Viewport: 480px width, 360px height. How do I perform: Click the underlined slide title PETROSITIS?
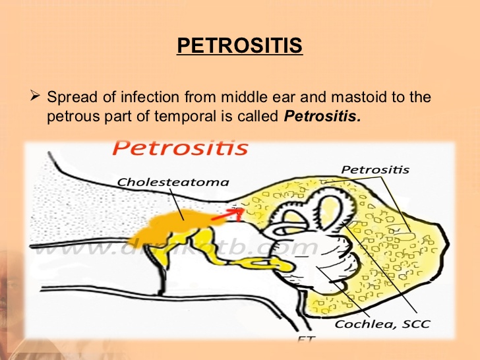(240, 47)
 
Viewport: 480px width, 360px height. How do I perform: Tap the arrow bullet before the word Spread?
(36, 97)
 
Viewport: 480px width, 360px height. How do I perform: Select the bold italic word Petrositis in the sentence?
(323, 117)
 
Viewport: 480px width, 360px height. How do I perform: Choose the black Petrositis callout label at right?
(375, 169)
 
